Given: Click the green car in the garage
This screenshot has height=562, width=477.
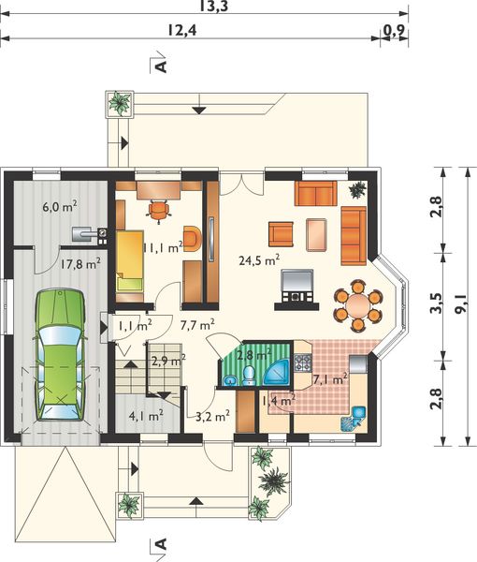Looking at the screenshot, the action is click(x=60, y=354).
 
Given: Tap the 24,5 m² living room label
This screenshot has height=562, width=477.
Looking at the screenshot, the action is click(x=259, y=259).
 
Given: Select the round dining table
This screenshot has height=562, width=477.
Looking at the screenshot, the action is click(x=358, y=305).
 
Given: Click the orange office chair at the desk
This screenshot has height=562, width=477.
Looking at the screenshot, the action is click(x=158, y=211).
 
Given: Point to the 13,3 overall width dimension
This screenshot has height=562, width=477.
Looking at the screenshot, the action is click(x=214, y=7).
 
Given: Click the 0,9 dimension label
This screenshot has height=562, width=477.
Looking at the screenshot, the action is click(x=394, y=31).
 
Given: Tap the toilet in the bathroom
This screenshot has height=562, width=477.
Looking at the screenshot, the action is click(x=248, y=376).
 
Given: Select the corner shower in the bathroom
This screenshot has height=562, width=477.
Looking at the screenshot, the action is click(x=276, y=374).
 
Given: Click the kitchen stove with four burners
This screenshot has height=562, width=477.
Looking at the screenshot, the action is click(x=303, y=362).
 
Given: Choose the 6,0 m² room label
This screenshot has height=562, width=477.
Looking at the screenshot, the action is click(x=60, y=207).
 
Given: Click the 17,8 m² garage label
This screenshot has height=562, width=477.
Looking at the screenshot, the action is click(x=80, y=264).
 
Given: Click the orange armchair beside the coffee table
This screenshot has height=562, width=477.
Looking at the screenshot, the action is click(x=281, y=234).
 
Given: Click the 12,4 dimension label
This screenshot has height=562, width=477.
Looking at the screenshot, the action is click(x=182, y=31).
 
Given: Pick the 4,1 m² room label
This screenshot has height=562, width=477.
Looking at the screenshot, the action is click(x=146, y=416).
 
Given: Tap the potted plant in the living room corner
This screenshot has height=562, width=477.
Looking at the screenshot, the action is click(x=358, y=190).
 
